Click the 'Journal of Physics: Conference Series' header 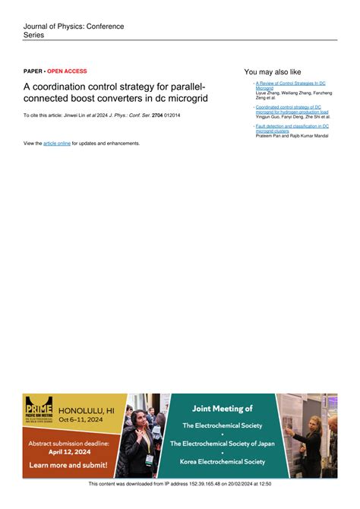tap(73, 30)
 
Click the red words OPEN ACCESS tap(67, 71)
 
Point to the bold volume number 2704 tap(158, 115)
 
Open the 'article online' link tap(57, 143)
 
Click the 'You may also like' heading tap(273, 72)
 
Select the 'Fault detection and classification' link tap(292, 126)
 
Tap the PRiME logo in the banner tap(38, 414)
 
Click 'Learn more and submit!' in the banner tap(67, 465)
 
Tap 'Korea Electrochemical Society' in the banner tap(222, 461)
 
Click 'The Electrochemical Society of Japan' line tap(222, 443)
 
